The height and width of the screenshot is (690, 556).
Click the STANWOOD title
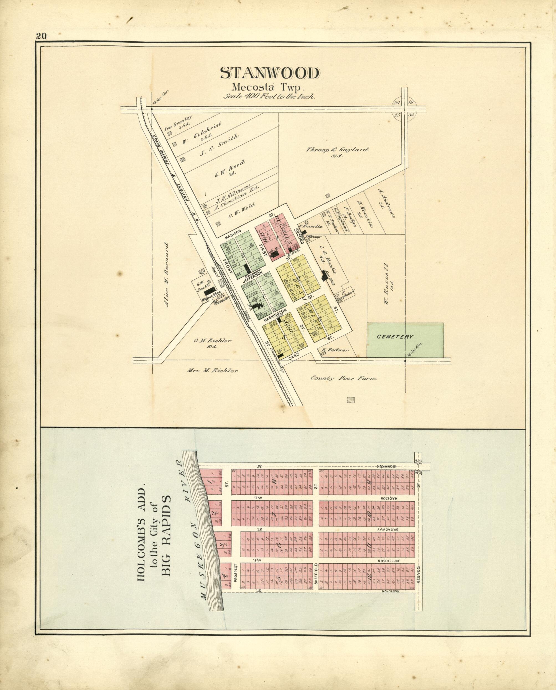pos(270,74)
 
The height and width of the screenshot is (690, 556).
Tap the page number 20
pos(41,36)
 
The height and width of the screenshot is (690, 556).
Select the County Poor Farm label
pos(344,379)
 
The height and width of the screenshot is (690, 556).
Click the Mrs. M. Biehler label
pos(212,371)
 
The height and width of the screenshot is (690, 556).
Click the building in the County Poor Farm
pos(351,400)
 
